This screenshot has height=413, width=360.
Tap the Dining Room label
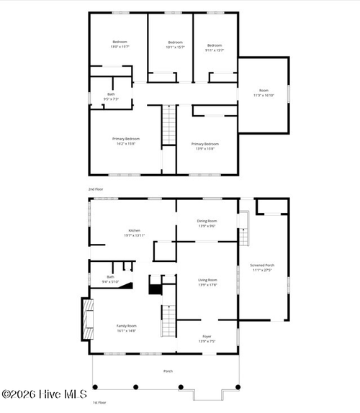pyautogui.click(x=207, y=223)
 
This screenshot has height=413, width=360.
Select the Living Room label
pyautogui.click(x=207, y=283)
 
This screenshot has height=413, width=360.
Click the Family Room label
pyautogui.click(x=127, y=328)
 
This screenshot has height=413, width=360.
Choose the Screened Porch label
pyautogui.click(x=262, y=268)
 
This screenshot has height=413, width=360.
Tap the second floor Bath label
pyautogui.click(x=111, y=96)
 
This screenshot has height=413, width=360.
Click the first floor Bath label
pyautogui.click(x=110, y=279)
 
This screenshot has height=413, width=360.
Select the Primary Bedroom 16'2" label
pyautogui.click(x=125, y=141)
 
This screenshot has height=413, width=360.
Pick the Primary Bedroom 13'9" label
pyautogui.click(x=205, y=146)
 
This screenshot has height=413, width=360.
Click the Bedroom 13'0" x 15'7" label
pyautogui.click(x=120, y=45)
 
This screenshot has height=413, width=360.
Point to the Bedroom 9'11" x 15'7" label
pyautogui.click(x=214, y=45)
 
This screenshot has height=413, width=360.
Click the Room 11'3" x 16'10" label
pyautogui.click(x=264, y=93)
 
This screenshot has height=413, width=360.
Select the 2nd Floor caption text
pyautogui.click(x=96, y=189)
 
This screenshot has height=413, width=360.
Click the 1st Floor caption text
pyautogui.click(x=99, y=402)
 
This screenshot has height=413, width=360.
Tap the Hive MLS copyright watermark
pyautogui.click(x=45, y=394)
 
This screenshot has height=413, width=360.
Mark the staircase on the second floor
pyautogui.click(x=168, y=125)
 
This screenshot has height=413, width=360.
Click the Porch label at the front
pyautogui.click(x=168, y=371)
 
